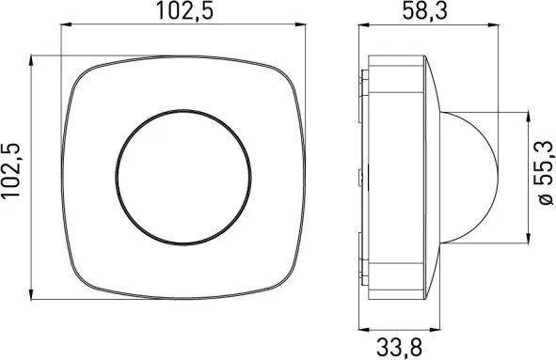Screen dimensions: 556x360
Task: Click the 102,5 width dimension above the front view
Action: click(x=184, y=10)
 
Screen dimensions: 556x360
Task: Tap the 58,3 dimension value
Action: click(x=425, y=10)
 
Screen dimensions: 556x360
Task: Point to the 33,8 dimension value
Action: click(x=399, y=347)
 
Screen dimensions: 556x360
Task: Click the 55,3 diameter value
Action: click(x=544, y=163)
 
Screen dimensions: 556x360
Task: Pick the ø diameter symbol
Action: click(x=545, y=199)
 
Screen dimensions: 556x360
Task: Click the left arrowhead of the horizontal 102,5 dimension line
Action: click(x=66, y=24)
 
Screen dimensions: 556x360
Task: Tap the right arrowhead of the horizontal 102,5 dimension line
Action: click(x=300, y=24)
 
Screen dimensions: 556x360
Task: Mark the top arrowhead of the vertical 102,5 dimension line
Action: click(x=31, y=60)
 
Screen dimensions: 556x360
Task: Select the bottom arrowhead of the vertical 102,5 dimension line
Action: click(x=31, y=294)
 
